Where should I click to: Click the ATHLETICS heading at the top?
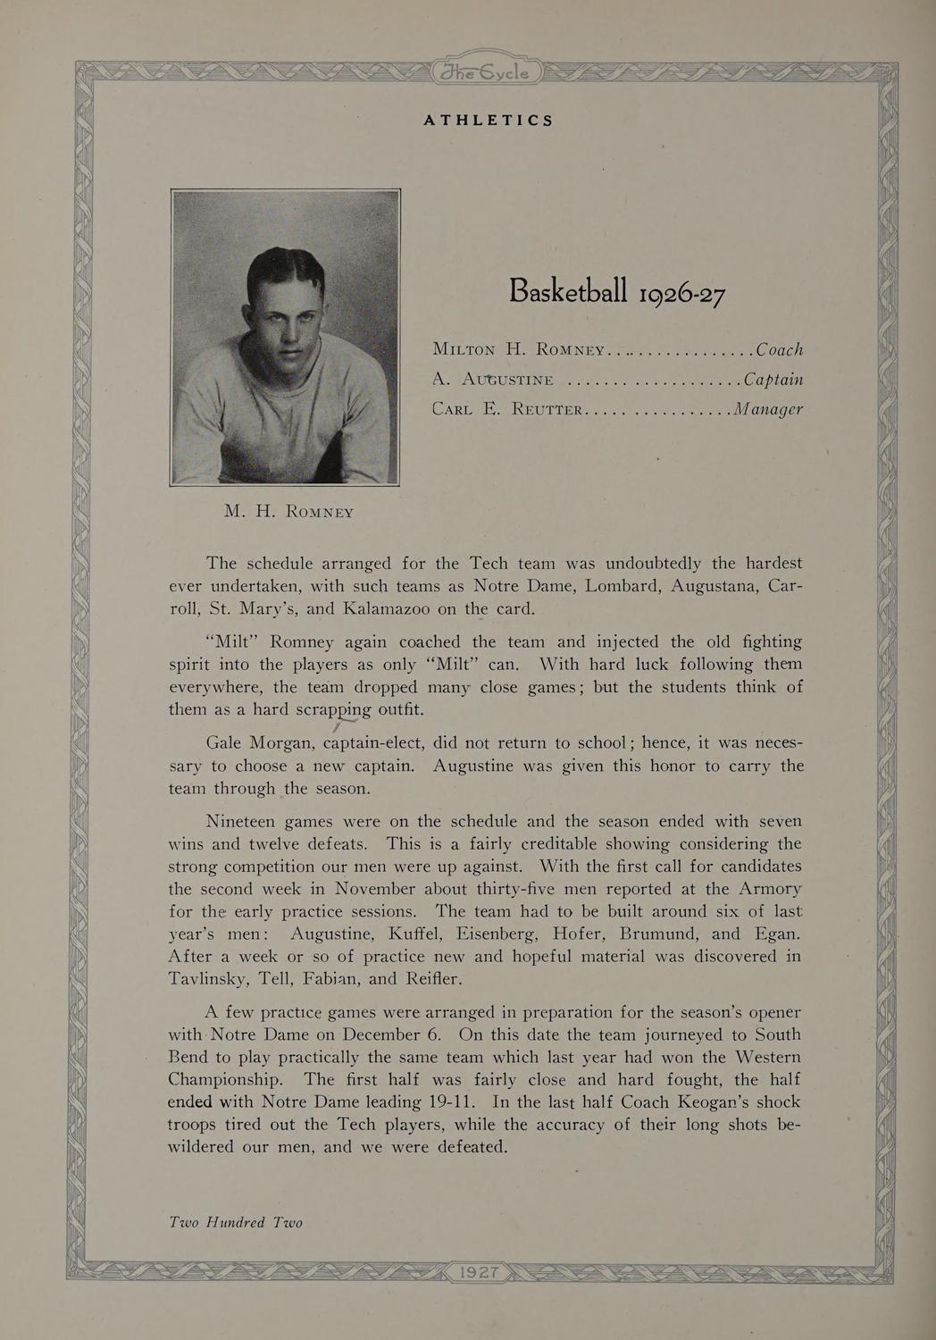click(488, 120)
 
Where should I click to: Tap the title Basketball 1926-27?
click(616, 291)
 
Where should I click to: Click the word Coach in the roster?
click(779, 349)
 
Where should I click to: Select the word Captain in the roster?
click(773, 380)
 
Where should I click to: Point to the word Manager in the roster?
click(767, 409)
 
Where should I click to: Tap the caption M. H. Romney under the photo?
click(289, 512)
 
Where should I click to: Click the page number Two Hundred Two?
click(236, 1222)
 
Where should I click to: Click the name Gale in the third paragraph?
click(224, 743)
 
